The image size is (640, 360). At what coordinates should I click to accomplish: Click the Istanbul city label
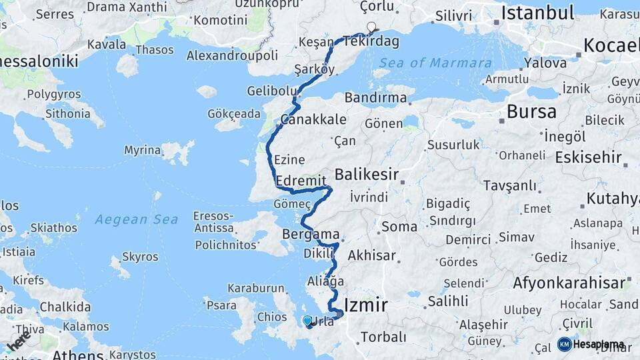pyautogui.click(x=537, y=13)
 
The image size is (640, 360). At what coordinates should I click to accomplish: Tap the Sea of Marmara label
pyautogui.click(x=436, y=63)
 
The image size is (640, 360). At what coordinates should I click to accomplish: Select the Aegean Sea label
pyautogui.click(x=136, y=219)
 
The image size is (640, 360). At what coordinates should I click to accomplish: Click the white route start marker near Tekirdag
pyautogui.click(x=371, y=27)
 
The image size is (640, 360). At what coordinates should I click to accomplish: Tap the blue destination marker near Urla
pyautogui.click(x=307, y=321)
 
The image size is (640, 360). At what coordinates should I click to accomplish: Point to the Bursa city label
pyautogui.click(x=531, y=111)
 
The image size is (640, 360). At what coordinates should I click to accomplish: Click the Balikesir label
pyautogui.click(x=366, y=175)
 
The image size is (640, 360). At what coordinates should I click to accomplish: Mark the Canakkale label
pyautogui.click(x=313, y=120)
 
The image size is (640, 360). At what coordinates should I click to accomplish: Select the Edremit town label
pyautogui.click(x=300, y=181)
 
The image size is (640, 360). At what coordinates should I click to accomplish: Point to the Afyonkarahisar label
pyautogui.click(x=569, y=283)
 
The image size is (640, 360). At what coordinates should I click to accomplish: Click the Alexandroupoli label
pyautogui.click(x=232, y=55)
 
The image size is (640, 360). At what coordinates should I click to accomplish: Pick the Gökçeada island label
pyautogui.click(x=233, y=114)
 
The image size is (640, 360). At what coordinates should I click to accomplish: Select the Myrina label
pyautogui.click(x=142, y=150)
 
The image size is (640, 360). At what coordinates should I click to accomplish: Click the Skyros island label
pyautogui.click(x=140, y=257)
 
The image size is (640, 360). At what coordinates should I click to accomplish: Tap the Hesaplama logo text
pyautogui.click(x=599, y=345)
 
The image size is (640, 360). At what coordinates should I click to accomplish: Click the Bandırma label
pyautogui.click(x=376, y=98)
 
